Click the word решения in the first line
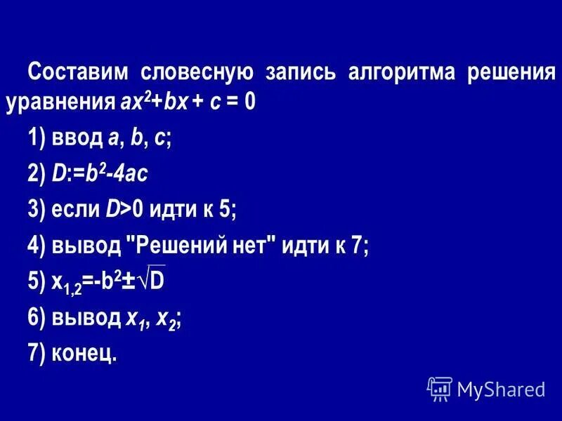[512, 73]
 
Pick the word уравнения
[58, 103]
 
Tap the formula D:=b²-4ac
[99, 174]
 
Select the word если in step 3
[76, 208]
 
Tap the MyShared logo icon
[439, 387]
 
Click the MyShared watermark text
[501, 388]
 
